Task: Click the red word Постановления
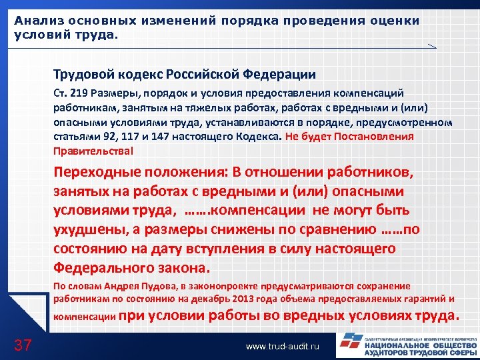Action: point(380,136)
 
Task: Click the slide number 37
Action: point(23,345)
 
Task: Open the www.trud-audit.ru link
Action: point(283,347)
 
